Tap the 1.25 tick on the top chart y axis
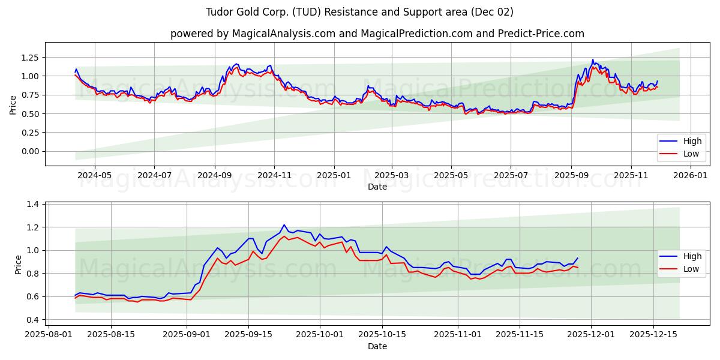(29, 57)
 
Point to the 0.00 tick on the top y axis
(29, 151)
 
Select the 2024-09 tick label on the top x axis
(215, 176)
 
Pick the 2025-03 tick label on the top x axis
(392, 176)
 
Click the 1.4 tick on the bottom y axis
(34, 205)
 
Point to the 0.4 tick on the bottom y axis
(34, 320)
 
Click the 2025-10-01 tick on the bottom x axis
(320, 335)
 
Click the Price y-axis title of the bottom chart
(18, 264)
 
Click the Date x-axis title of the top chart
(377, 187)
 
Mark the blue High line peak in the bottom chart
(284, 225)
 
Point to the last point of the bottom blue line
(578, 258)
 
